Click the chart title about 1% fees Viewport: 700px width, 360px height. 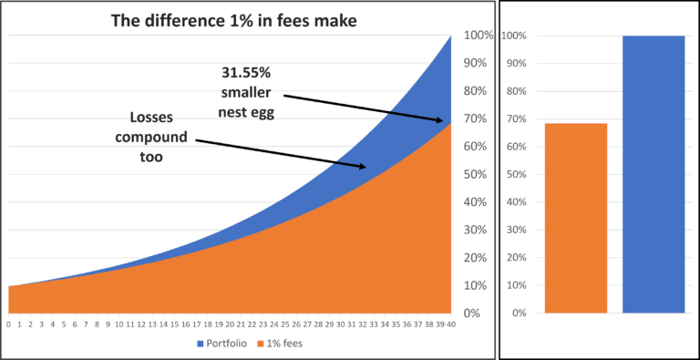[x=234, y=19]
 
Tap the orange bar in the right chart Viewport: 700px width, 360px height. [x=576, y=218]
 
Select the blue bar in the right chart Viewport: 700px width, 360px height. [x=653, y=174]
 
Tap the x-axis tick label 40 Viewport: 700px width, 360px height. [x=451, y=324]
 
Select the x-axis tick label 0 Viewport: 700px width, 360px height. [x=8, y=324]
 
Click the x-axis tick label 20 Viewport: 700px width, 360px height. [x=229, y=324]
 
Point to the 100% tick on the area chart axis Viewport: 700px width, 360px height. [x=479, y=36]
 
